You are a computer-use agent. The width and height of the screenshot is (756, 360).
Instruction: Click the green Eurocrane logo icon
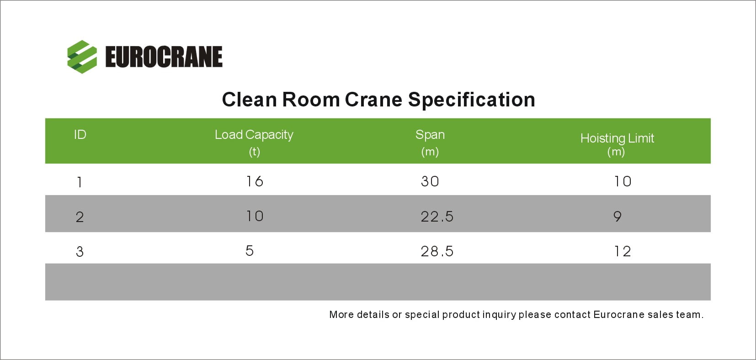82,57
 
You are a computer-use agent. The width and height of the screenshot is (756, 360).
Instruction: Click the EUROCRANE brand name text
164,57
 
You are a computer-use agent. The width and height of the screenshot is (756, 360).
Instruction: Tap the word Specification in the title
472,100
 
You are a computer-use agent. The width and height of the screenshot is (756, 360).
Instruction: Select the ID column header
80,135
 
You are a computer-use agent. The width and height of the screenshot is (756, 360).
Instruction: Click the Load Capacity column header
254,143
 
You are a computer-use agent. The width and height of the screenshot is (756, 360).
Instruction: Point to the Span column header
430,143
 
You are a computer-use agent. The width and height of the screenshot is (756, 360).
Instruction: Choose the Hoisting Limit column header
617,144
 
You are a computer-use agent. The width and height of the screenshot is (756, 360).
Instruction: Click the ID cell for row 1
80,182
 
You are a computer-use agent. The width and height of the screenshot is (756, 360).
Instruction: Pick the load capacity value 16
255,181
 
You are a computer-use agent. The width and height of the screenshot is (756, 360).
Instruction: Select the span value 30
430,181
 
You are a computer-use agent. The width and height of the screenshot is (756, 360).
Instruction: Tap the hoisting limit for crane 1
623,181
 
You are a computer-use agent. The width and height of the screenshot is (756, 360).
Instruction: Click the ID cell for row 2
80,217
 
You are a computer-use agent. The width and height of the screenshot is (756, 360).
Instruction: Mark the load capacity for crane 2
255,216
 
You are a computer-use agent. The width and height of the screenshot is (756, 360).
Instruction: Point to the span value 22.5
437,217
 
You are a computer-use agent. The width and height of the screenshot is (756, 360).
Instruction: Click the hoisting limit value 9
618,217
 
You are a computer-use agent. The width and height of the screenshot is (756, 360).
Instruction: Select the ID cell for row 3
80,252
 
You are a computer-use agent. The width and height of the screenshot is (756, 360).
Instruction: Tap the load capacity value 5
250,251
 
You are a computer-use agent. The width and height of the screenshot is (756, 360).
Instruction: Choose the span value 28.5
437,251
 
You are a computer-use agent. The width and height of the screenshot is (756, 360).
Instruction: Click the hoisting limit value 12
623,251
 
